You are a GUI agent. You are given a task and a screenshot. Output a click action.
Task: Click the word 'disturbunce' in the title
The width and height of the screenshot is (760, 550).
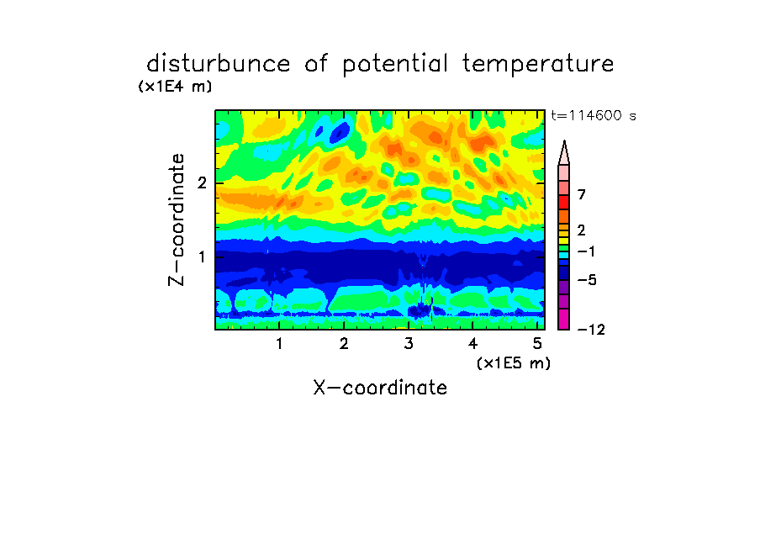(x=219, y=64)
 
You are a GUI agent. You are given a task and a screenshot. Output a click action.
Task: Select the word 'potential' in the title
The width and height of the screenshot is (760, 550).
(x=394, y=65)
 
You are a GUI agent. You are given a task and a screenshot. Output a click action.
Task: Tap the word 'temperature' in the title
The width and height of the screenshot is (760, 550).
(x=538, y=65)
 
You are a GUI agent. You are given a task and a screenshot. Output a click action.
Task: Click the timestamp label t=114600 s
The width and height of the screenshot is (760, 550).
(x=594, y=115)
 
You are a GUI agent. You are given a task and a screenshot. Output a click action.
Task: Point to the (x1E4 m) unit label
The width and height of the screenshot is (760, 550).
(x=175, y=87)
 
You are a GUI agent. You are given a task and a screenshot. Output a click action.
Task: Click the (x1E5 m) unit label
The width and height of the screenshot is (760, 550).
(x=514, y=362)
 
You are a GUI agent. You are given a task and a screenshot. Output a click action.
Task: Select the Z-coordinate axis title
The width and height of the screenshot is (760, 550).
(x=176, y=219)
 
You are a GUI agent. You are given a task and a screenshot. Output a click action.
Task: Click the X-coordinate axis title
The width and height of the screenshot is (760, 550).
(x=380, y=388)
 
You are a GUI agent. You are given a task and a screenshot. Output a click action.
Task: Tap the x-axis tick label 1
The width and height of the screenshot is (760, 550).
(x=279, y=344)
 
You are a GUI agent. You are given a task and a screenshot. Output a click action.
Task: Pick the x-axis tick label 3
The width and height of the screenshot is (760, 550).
(x=409, y=344)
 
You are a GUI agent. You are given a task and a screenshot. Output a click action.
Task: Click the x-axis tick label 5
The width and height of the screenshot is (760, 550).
(x=537, y=344)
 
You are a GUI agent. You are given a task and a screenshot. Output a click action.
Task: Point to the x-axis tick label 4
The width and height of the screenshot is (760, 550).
(x=473, y=344)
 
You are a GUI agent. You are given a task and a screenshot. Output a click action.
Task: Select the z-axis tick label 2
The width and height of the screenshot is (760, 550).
(x=202, y=182)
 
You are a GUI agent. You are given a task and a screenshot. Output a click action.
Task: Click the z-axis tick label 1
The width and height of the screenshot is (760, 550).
(x=202, y=256)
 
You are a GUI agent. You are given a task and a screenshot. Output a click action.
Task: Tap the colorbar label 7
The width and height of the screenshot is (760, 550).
(x=582, y=195)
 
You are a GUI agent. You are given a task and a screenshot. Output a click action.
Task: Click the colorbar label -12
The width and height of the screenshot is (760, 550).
(x=591, y=330)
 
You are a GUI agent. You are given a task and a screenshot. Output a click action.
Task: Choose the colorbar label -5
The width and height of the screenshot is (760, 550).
(x=587, y=280)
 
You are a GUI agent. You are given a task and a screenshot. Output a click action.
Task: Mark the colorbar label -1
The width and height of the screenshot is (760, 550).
(x=587, y=251)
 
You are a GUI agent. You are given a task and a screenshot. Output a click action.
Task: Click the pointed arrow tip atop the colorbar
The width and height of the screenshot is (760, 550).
(x=564, y=140)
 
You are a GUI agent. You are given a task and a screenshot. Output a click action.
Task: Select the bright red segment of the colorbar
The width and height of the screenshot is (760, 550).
(x=564, y=202)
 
